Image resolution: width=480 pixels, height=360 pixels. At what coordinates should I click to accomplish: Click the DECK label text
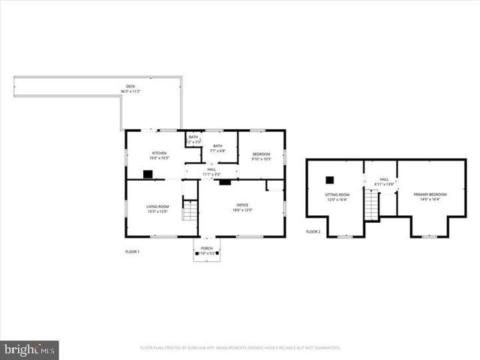(130, 86)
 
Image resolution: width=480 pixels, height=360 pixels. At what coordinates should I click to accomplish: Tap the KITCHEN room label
(159, 153)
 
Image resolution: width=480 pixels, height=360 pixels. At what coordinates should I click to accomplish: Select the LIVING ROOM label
(157, 206)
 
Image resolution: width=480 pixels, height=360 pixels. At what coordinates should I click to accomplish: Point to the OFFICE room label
(241, 205)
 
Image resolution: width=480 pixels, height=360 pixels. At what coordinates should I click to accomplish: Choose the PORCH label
(206, 248)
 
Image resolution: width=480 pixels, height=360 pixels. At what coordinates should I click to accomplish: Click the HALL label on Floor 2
(384, 180)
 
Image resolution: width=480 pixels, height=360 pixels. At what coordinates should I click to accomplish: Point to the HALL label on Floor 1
(211, 169)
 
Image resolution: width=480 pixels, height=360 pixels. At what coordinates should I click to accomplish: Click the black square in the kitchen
(148, 174)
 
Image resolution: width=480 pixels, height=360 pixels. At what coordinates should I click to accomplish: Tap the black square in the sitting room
(329, 179)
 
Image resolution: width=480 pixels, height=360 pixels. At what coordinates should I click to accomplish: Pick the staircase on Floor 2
(371, 205)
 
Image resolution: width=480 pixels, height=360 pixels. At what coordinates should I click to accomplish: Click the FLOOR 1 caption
(132, 251)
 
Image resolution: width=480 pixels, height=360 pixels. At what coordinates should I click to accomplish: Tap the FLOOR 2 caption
(313, 232)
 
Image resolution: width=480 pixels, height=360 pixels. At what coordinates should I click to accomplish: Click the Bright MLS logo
(29, 350)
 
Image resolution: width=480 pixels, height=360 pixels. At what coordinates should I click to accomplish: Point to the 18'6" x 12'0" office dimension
(241, 210)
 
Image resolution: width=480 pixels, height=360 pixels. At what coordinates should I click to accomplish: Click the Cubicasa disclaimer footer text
(240, 348)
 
